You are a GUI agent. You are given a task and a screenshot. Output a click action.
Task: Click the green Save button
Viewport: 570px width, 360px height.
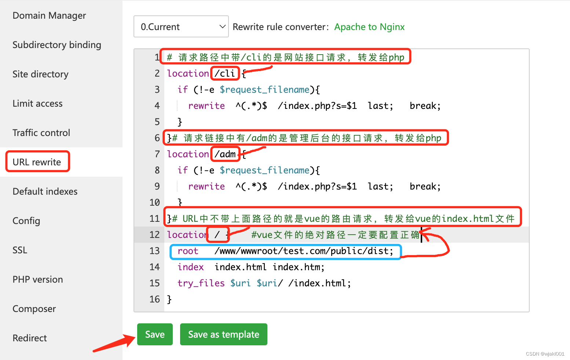155,334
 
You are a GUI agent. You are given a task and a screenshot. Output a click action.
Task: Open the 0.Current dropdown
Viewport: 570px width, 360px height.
181,27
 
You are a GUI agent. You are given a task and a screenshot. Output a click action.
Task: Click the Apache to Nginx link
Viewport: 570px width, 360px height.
369,27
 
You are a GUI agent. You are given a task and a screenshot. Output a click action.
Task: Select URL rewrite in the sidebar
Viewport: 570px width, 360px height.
37,162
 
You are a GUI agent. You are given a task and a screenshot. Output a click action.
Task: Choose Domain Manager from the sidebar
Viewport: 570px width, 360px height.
49,15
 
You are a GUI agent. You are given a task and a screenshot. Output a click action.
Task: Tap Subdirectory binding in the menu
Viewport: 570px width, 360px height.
57,45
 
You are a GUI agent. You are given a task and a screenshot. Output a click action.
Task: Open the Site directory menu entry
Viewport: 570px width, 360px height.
40,74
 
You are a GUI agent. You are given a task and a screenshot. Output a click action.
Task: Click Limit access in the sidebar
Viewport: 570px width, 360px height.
37,103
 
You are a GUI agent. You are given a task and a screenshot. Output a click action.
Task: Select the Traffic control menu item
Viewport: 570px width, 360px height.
41,133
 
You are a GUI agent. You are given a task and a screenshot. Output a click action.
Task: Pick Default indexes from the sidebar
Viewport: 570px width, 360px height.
45,191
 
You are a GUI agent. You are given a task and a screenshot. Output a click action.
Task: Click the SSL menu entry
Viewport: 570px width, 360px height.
20,250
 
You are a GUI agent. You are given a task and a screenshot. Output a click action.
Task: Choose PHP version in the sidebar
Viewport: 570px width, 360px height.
38,279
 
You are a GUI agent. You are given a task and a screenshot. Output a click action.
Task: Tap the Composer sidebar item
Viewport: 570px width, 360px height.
34,309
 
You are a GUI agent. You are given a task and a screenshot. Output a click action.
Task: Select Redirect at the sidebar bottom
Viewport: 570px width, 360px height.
30,338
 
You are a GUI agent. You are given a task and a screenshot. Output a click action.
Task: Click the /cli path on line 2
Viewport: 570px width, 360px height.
225,73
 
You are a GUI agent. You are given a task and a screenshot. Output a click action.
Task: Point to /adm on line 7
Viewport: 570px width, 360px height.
225,154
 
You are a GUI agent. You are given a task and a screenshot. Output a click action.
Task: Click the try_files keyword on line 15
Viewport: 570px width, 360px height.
201,283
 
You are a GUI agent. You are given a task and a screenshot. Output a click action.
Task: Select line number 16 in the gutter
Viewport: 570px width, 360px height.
154,299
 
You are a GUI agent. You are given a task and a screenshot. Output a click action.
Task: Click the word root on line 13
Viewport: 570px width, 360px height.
188,251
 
